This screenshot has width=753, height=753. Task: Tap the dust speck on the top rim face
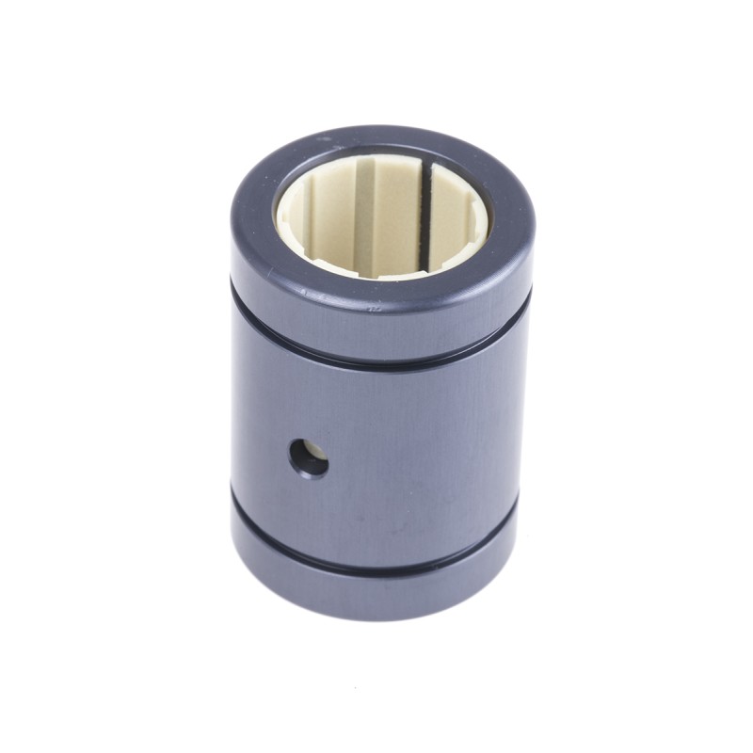coord(321,141)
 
